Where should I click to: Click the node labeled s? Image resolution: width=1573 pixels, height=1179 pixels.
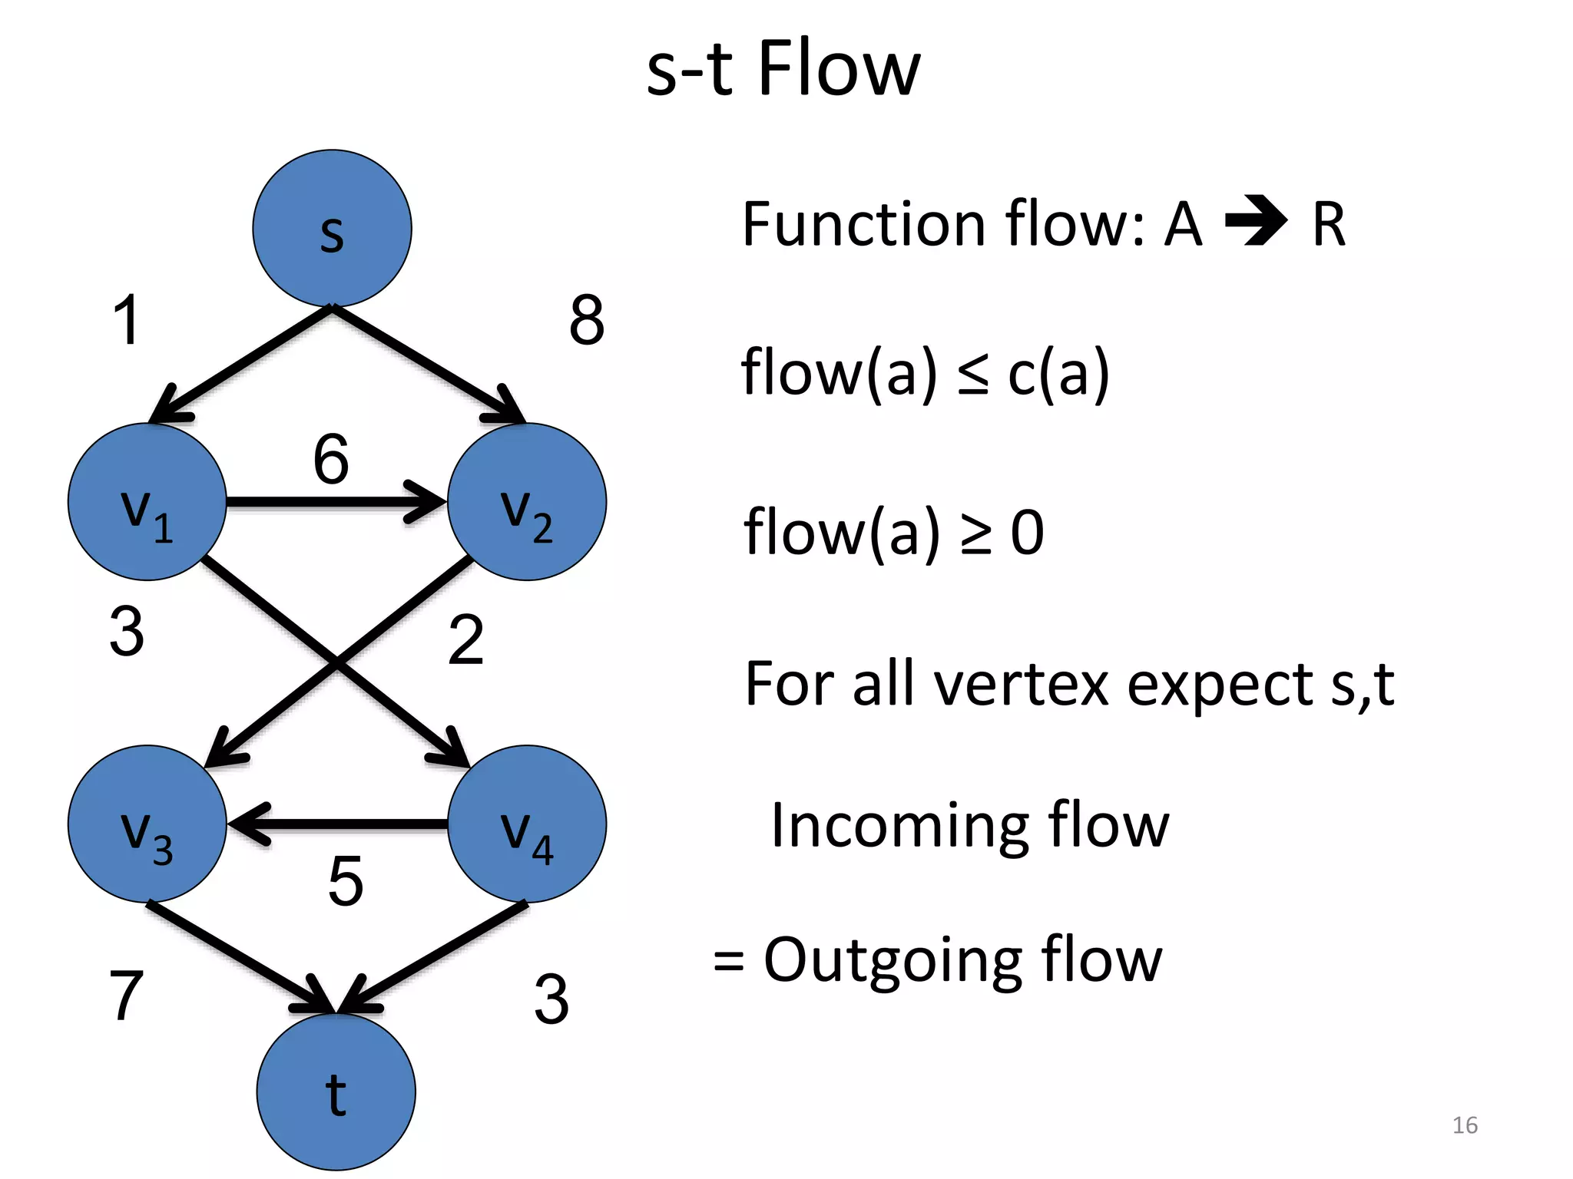coord(332,228)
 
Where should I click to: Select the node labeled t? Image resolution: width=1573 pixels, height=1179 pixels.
coord(336,1091)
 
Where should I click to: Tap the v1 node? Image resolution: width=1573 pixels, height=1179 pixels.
coord(147,502)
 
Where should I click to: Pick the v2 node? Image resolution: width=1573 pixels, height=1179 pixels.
coord(527,502)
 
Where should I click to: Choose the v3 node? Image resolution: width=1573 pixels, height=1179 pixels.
coord(147,824)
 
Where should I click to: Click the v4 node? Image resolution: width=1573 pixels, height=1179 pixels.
coord(527,824)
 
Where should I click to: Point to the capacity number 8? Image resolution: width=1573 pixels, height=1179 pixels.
coord(587,320)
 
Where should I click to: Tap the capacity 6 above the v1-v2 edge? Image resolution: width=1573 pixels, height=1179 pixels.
coord(331,459)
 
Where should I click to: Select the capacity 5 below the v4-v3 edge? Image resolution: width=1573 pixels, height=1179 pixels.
coord(345,880)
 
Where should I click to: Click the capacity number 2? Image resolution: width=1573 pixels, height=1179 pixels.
coord(465,639)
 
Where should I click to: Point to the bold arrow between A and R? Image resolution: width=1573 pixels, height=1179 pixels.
coord(1256,223)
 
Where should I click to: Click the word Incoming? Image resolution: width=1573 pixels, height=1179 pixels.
coord(899,826)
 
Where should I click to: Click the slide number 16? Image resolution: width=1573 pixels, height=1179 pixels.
coord(1465,1125)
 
